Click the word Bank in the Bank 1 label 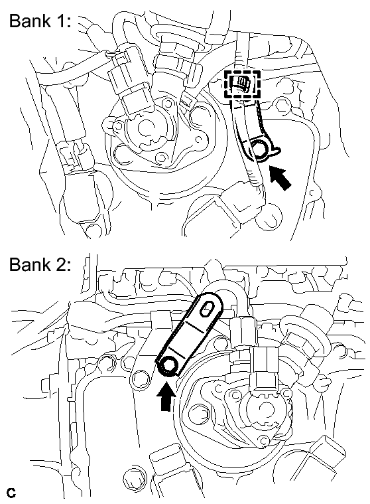pyautogui.click(x=30, y=21)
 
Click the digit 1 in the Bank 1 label pyautogui.click(x=60, y=21)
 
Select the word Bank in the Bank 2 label pyautogui.click(x=30, y=264)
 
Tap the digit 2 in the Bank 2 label pyautogui.click(x=60, y=264)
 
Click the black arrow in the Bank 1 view pyautogui.click(x=280, y=178)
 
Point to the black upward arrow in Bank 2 pyautogui.click(x=166, y=398)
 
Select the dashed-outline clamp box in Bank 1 pyautogui.click(x=242, y=84)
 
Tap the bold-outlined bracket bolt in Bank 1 pyautogui.click(x=259, y=147)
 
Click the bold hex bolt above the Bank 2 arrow pyautogui.click(x=167, y=365)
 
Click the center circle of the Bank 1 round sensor pyautogui.click(x=146, y=127)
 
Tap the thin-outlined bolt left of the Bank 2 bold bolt pyautogui.click(x=139, y=376)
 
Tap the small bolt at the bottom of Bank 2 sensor pyautogui.click(x=263, y=440)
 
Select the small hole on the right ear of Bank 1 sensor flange pyautogui.click(x=200, y=139)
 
